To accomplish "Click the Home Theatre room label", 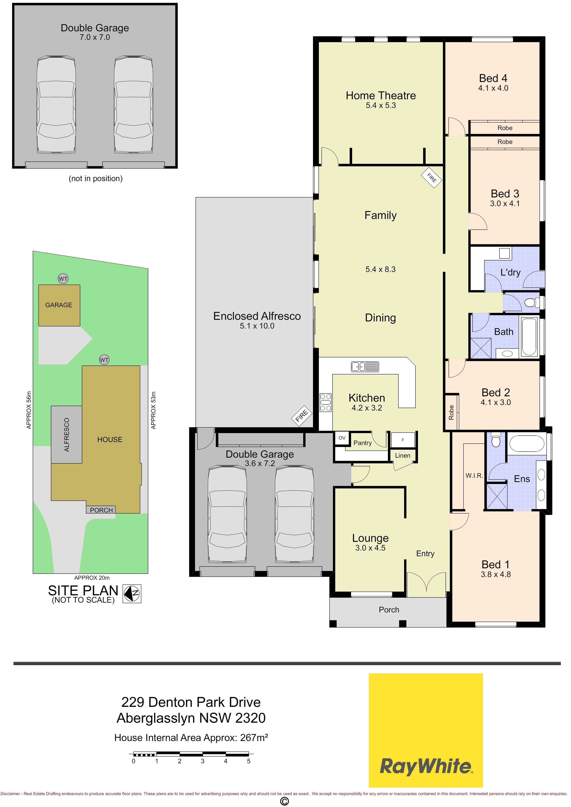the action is (x=381, y=96).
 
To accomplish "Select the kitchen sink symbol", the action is (x=365, y=367).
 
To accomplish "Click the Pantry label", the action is (x=362, y=443).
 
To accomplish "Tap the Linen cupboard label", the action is (x=403, y=456).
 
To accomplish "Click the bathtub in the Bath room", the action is (x=529, y=337).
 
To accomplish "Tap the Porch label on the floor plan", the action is (x=389, y=610).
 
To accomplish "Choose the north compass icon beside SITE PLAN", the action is (x=132, y=594).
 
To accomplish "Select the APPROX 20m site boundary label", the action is (x=92, y=578).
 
